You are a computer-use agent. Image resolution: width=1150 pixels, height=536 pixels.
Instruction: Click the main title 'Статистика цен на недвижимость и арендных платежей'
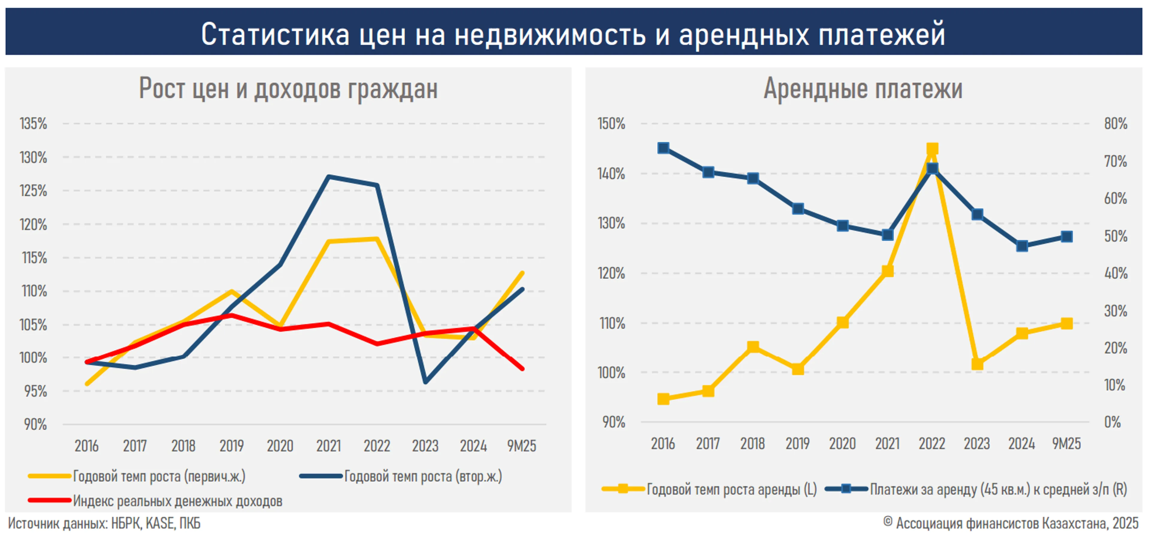573,34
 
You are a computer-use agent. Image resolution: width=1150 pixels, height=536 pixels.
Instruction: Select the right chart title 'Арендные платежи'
862,89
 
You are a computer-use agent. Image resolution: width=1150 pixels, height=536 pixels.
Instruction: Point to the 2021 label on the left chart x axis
328,445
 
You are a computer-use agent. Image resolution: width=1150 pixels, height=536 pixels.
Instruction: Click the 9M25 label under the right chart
1066,444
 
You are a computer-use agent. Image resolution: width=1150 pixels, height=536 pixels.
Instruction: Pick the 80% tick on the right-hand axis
1115,124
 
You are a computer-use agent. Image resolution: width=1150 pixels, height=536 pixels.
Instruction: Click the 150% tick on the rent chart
611,124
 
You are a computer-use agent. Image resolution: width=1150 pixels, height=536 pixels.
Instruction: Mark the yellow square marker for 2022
932,148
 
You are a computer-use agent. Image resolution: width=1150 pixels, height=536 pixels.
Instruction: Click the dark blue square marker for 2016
663,148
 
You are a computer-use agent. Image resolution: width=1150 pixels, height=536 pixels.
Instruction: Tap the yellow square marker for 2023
977,364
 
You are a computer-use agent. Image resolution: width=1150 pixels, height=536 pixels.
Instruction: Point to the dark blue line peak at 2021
329,176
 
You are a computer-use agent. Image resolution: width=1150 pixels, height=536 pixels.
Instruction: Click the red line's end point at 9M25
522,369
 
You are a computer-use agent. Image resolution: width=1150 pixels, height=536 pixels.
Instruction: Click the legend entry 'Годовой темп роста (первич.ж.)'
159,476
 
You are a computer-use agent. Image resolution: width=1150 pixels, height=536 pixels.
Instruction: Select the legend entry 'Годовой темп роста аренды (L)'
731,489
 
